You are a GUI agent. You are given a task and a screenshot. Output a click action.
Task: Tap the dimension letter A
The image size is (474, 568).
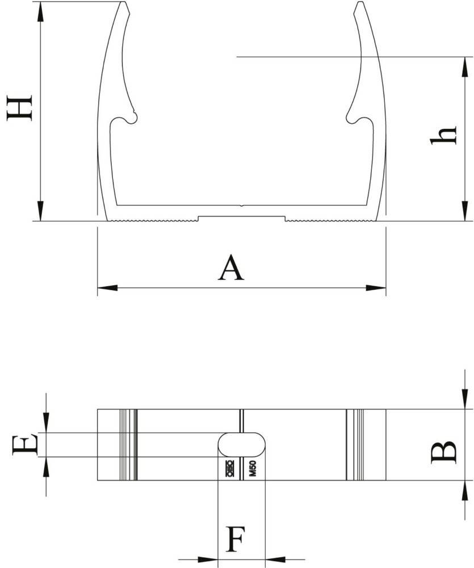[232, 268]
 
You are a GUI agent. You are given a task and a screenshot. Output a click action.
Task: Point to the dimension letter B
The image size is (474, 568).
[443, 452]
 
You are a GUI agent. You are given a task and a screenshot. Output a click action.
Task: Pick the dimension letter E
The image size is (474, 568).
[25, 445]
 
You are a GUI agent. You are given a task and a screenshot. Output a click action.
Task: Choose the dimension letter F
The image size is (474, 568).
[236, 539]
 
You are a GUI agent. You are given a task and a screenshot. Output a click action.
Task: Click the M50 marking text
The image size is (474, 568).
[253, 468]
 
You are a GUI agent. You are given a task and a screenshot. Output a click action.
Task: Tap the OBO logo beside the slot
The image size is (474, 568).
[229, 468]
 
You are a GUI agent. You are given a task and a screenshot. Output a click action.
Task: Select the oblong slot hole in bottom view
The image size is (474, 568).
[241, 445]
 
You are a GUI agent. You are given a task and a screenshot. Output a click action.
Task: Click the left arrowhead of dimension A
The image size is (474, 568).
[107, 288]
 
